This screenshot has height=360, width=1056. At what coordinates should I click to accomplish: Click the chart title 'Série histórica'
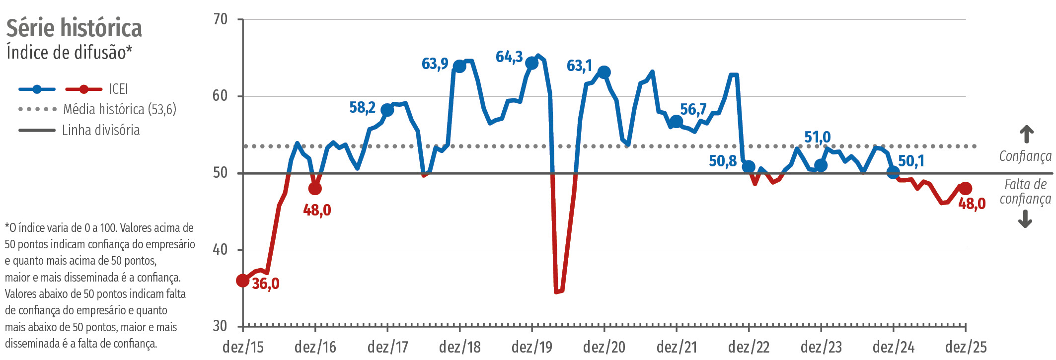pyautogui.click(x=74, y=28)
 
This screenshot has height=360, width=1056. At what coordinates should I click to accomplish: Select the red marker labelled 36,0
pyautogui.click(x=242, y=281)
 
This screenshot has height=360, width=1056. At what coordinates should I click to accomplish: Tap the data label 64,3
pyautogui.click(x=509, y=57)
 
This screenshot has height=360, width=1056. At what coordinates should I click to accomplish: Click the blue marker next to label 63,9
pyautogui.click(x=459, y=66)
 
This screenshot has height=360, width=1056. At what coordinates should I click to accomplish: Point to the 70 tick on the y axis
pyautogui.click(x=220, y=19)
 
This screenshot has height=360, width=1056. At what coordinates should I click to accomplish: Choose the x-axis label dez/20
pyautogui.click(x=604, y=347)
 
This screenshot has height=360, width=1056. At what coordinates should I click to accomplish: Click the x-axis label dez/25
pyautogui.click(x=966, y=347)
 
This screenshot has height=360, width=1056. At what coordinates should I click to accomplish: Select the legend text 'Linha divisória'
pyautogui.click(x=101, y=131)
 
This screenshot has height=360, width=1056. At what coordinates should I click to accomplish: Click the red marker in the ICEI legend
pyautogui.click(x=84, y=89)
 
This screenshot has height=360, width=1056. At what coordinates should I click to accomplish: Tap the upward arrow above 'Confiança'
pyautogui.click(x=1026, y=134)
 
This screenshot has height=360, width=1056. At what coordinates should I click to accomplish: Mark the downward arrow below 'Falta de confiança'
pyautogui.click(x=1025, y=219)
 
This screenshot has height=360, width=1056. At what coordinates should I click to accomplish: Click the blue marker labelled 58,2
pyautogui.click(x=387, y=110)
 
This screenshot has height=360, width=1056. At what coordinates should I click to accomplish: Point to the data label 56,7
pyautogui.click(x=693, y=109)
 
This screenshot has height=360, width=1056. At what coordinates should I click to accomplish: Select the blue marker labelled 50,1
pyautogui.click(x=893, y=172)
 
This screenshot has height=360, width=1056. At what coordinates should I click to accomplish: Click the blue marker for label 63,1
pyautogui.click(x=604, y=72)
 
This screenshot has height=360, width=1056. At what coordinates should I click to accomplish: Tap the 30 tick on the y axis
pyautogui.click(x=220, y=326)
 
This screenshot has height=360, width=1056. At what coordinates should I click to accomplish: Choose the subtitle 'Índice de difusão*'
pyautogui.click(x=70, y=53)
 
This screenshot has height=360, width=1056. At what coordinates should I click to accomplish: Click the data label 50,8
pyautogui.click(x=723, y=161)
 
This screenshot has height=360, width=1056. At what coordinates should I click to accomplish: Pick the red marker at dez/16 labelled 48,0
pyautogui.click(x=315, y=189)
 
